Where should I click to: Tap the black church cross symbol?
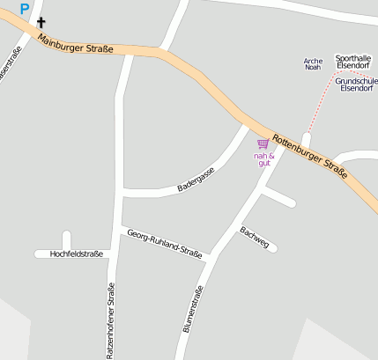(41, 22)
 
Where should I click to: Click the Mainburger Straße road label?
(76, 40)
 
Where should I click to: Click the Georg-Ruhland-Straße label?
(165, 244)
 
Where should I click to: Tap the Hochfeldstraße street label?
(77, 253)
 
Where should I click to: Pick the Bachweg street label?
(254, 236)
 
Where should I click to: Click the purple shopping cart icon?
(263, 143)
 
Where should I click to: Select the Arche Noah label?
(313, 64)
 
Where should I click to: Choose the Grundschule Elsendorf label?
(357, 84)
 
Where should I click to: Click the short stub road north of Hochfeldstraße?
(66, 240)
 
